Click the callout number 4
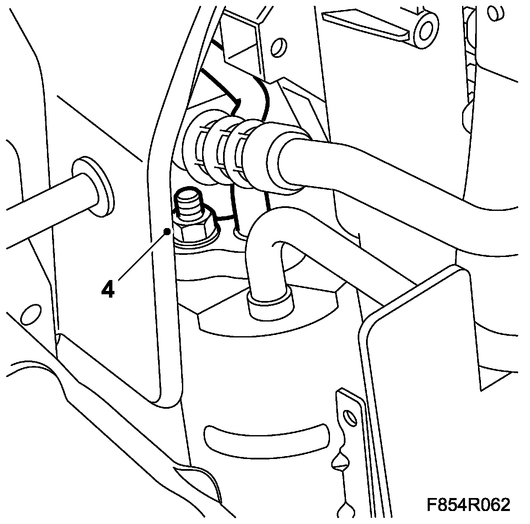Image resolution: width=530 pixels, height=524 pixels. pos(108,289)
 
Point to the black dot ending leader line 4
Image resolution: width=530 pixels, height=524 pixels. pos(167,231)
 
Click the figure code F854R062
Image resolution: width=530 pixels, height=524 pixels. pos(468,505)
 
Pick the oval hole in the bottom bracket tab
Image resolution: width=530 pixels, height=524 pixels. pos(348,417)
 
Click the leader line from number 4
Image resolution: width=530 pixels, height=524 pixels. pos(143,256)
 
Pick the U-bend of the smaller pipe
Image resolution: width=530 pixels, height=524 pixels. pos(268,235)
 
